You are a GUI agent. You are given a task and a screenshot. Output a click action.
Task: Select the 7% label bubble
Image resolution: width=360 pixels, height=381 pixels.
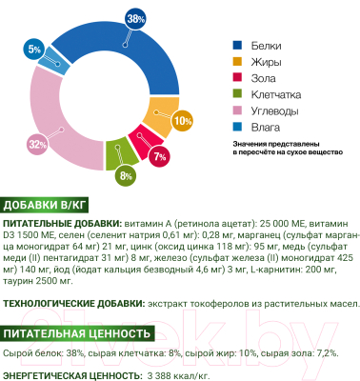158,155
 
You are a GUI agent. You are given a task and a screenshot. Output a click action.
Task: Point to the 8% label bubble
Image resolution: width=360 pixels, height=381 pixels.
126,177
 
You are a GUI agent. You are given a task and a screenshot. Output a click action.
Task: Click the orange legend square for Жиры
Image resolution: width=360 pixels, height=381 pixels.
238,63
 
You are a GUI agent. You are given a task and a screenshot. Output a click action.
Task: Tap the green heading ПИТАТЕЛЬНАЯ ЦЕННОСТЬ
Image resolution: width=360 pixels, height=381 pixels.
78,333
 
